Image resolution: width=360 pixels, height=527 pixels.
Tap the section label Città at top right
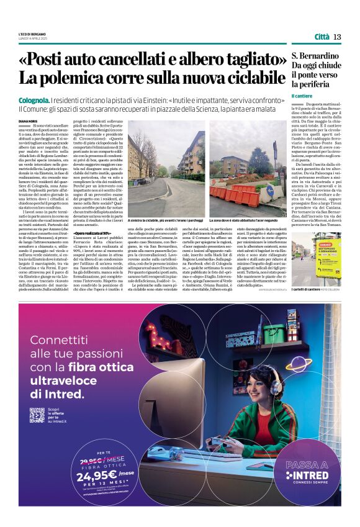click(x=322, y=37)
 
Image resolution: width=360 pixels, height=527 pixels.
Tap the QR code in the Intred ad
click(x=37, y=415)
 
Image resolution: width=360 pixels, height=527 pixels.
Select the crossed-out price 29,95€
click(x=87, y=459)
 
